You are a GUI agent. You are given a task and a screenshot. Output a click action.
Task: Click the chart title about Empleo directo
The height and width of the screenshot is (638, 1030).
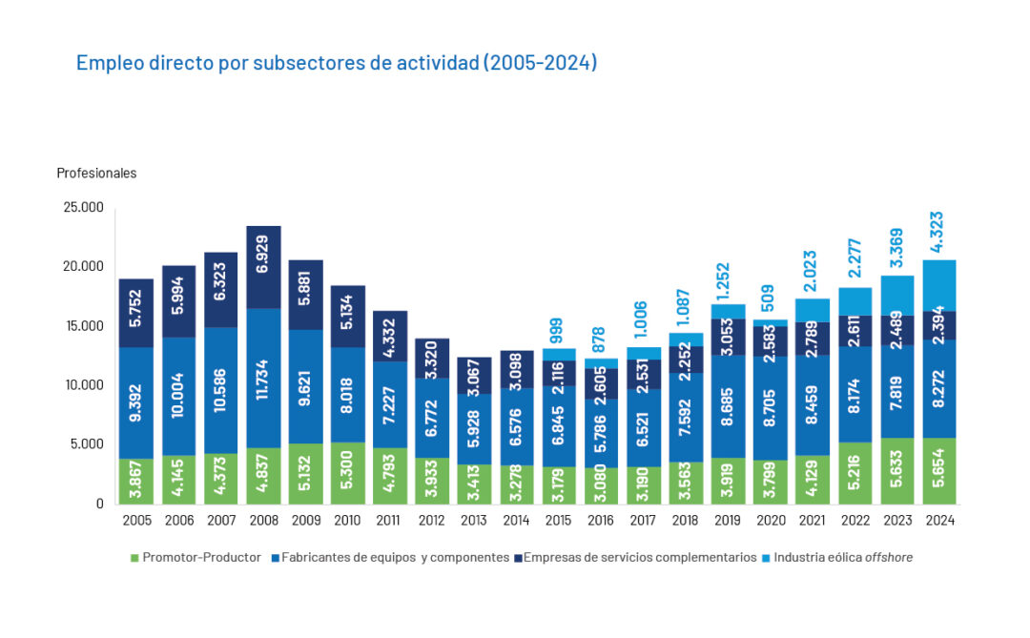[337, 63]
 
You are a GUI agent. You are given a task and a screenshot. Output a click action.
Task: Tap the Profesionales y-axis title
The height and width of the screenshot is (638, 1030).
[96, 174]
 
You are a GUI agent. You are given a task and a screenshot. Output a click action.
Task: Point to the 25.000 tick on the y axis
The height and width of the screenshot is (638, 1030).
[83, 208]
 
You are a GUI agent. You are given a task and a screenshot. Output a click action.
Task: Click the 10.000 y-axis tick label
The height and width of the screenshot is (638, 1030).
[83, 385]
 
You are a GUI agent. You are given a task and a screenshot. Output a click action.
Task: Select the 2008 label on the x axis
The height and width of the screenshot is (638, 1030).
[263, 521]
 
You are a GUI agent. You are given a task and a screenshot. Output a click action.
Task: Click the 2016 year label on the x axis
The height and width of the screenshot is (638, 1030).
[602, 521]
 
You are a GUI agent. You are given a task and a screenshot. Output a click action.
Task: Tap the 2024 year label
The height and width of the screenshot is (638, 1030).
[940, 521]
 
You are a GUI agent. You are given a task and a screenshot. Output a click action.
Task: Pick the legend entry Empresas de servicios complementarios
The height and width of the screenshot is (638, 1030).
[639, 557]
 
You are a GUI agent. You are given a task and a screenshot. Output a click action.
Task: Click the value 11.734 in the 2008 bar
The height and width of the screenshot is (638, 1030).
[264, 378]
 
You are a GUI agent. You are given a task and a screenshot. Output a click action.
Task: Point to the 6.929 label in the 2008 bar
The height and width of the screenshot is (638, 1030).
[264, 267]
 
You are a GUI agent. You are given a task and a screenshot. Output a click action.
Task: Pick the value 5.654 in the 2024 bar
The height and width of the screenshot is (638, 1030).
[940, 471]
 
